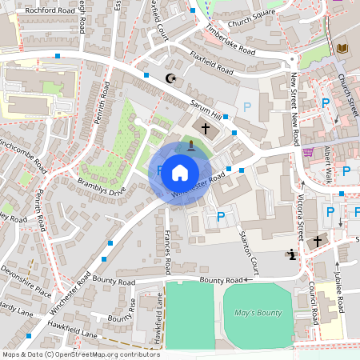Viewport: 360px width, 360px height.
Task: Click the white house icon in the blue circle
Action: tap(180, 172)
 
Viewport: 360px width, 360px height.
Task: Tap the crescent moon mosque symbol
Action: tap(170, 78)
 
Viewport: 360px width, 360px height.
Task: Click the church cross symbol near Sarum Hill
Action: tap(205, 128)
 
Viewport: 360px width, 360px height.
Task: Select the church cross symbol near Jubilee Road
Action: tap(318, 241)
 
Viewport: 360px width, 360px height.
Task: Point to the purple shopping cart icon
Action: tap(308, 152)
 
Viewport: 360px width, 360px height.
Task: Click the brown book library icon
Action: tap(342, 49)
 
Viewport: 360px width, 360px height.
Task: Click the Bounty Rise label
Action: tap(122, 318)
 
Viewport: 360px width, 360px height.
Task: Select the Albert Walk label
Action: tap(327, 165)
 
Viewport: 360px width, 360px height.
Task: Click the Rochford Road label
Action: tap(49, 10)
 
